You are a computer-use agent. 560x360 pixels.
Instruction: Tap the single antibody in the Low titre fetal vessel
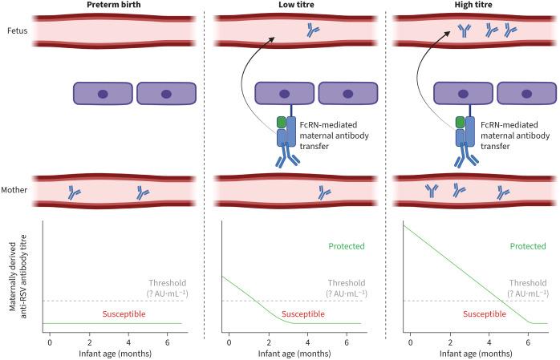point(312,32)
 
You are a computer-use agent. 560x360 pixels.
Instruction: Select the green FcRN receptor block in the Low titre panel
point(281,123)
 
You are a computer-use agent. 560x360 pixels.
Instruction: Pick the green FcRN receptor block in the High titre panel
point(460,123)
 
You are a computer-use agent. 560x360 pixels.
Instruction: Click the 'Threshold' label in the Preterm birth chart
point(167,283)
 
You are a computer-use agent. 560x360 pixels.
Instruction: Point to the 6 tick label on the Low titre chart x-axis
point(347,342)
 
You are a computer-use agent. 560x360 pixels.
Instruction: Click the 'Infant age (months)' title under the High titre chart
point(474,354)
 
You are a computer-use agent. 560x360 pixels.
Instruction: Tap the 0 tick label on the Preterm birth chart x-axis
point(50,342)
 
